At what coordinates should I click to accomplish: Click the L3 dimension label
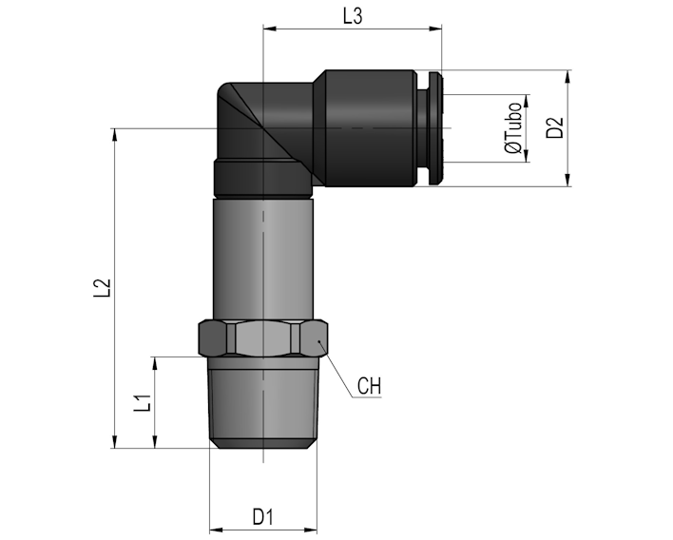pyautogui.click(x=353, y=16)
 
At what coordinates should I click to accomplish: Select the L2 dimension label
pyautogui.click(x=103, y=288)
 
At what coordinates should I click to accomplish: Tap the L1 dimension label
pyautogui.click(x=143, y=403)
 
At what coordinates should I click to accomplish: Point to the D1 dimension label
pyautogui.click(x=262, y=517)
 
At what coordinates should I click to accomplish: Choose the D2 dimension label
pyautogui.click(x=554, y=127)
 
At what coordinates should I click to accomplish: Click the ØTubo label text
pyautogui.click(x=513, y=128)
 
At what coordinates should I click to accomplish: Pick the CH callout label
pyautogui.click(x=369, y=386)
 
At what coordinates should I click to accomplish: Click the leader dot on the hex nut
pyautogui.click(x=319, y=341)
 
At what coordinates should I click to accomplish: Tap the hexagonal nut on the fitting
pyautogui.click(x=263, y=337)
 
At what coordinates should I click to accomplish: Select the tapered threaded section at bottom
pyautogui.click(x=263, y=403)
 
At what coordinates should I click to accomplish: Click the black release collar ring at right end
pyautogui.click(x=434, y=128)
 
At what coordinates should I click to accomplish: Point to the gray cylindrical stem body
pyautogui.click(x=263, y=259)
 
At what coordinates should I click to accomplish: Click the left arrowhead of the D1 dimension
pyautogui.click(x=216, y=530)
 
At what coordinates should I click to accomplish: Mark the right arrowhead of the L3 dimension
pyautogui.click(x=435, y=29)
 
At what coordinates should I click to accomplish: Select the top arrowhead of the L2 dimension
pyautogui.click(x=115, y=135)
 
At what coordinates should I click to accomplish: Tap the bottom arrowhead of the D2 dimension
pyautogui.click(x=567, y=180)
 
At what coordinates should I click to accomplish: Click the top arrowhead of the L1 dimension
pyautogui.click(x=155, y=363)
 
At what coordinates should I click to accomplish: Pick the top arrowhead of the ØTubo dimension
pyautogui.click(x=527, y=102)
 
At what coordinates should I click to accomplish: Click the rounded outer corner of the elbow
pyautogui.click(x=221, y=88)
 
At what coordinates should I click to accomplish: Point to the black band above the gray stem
pyautogui.click(x=263, y=178)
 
